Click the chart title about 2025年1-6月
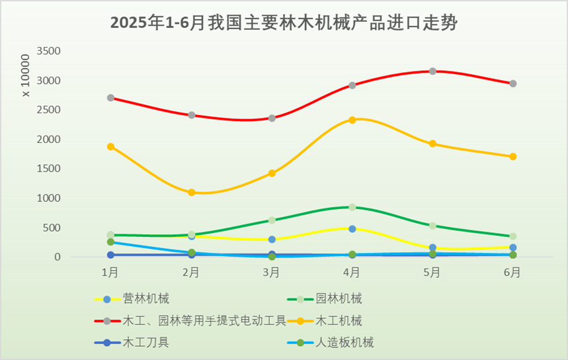[x=284, y=23]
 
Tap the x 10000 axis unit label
[x=26, y=76]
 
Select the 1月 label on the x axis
[x=110, y=271]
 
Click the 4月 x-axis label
[x=352, y=271]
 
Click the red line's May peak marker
[x=432, y=71]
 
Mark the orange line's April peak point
[x=352, y=120]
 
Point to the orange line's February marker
[x=191, y=193]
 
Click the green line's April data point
[x=352, y=207]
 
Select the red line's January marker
[x=110, y=98]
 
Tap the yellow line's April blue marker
[x=352, y=229]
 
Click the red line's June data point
[x=513, y=83]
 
